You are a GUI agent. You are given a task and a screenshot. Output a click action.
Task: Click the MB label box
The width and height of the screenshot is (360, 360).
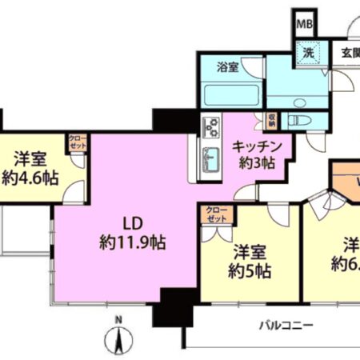click(x=305, y=23)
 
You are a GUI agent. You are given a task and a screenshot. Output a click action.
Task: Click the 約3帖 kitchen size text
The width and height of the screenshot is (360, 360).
click(x=255, y=162)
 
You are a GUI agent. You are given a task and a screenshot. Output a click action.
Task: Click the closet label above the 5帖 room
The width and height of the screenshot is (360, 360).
click(x=216, y=214)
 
